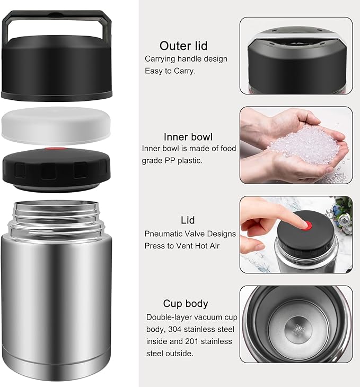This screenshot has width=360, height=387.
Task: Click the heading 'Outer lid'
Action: tap(183, 46)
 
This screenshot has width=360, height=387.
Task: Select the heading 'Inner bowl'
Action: tap(184, 136)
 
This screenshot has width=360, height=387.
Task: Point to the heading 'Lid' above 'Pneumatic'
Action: tap(188, 220)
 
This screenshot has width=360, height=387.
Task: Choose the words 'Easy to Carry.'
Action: tap(170, 71)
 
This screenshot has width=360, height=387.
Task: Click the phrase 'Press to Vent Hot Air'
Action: tap(182, 246)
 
